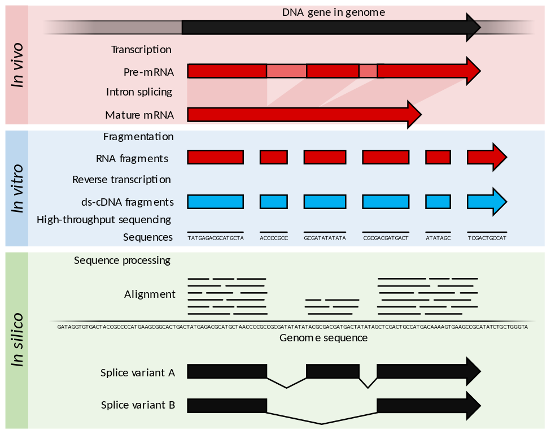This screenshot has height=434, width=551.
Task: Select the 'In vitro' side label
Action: tap(18, 189)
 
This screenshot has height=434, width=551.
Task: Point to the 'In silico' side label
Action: tap(18, 340)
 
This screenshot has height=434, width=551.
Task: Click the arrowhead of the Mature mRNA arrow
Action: tap(414, 115)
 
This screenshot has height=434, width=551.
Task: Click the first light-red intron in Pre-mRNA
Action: tap(286, 71)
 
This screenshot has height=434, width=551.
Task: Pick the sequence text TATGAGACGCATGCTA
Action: tap(215, 238)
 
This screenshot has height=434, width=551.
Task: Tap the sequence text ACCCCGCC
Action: tap(274, 238)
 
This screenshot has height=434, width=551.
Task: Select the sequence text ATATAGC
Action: tap(438, 238)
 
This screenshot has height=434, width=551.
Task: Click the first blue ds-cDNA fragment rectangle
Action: tap(215, 202)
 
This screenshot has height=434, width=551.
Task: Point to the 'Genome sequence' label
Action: tap(323, 338)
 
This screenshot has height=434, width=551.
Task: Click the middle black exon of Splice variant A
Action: tap(333, 371)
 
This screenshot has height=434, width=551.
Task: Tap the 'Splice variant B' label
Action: tap(138, 405)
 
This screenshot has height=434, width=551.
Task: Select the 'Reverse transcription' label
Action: tap(121, 180)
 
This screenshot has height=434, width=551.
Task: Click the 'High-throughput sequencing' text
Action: tap(104, 219)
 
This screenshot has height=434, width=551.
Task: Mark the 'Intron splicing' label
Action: tap(139, 92)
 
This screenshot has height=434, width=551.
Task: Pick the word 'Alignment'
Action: tap(150, 294)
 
